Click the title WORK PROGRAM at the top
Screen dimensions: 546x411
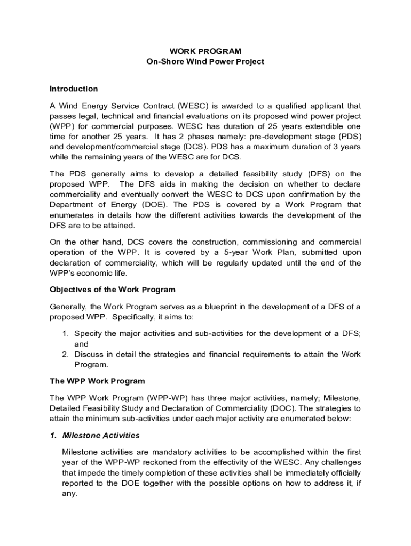(x=205, y=51)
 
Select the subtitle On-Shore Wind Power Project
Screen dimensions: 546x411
(x=205, y=62)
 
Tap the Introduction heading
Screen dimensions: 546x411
(x=74, y=89)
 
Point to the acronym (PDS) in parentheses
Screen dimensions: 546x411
(x=348, y=136)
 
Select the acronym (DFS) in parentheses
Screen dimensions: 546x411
(x=320, y=174)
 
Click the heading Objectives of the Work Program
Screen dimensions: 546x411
(x=113, y=290)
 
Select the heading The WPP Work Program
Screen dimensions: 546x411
(x=97, y=381)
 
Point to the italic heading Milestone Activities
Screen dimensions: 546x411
(x=101, y=435)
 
